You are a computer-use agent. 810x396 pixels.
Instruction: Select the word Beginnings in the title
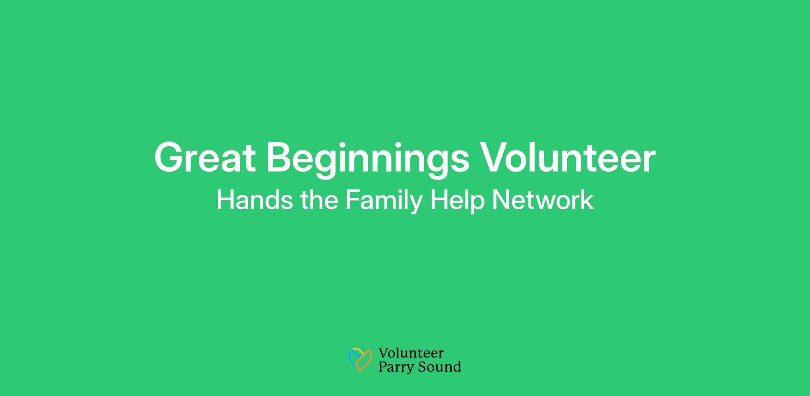[368, 160]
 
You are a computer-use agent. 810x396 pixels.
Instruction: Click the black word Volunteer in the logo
[411, 353]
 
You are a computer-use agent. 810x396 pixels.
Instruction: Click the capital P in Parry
[383, 366]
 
